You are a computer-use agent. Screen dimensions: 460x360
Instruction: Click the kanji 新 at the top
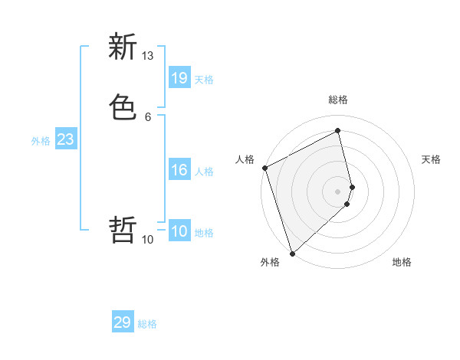(123, 47)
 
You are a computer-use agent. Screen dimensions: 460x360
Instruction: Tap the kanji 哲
(123, 229)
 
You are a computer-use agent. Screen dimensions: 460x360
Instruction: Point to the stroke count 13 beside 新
(148, 56)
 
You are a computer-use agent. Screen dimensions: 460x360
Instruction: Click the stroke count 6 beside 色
(148, 116)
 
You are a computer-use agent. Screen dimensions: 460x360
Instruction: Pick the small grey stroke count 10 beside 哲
(148, 240)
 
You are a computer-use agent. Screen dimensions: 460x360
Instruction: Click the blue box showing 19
(179, 77)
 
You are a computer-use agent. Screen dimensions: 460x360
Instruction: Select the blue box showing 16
(179, 170)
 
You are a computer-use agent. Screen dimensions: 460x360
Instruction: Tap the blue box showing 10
(179, 231)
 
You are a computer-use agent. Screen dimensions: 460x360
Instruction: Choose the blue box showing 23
(65, 139)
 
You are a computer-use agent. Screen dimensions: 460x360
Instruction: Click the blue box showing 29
(123, 322)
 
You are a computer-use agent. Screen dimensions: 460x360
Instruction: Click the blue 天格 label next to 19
(204, 79)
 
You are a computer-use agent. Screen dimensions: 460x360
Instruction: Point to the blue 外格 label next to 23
(41, 141)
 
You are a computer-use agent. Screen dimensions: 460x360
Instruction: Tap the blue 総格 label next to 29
(147, 324)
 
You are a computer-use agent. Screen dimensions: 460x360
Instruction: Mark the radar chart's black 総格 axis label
(338, 100)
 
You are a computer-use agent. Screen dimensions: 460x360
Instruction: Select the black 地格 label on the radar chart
(402, 262)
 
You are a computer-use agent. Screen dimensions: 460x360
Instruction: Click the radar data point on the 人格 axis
(264, 168)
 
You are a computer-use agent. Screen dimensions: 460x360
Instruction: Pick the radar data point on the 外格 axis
(291, 253)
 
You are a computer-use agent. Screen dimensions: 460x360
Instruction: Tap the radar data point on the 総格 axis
(338, 132)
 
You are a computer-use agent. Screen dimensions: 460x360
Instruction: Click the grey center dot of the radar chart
(338, 190)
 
